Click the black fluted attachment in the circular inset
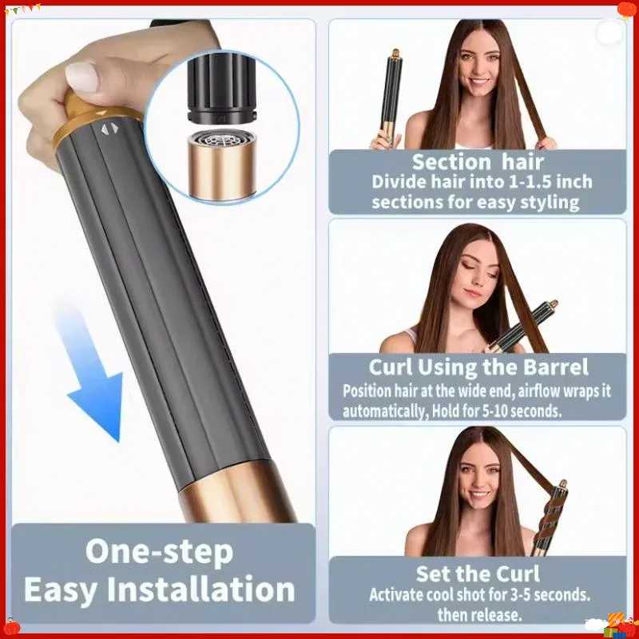(221, 89)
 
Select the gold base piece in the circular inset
(222, 165)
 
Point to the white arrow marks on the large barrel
(109, 129)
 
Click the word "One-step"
(159, 552)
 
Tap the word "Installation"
(201, 589)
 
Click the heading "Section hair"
(478, 162)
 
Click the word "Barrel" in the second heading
(555, 367)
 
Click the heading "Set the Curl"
(478, 574)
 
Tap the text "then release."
(479, 614)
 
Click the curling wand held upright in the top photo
(391, 95)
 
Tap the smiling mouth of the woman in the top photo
(477, 81)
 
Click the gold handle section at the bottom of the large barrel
(240, 493)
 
